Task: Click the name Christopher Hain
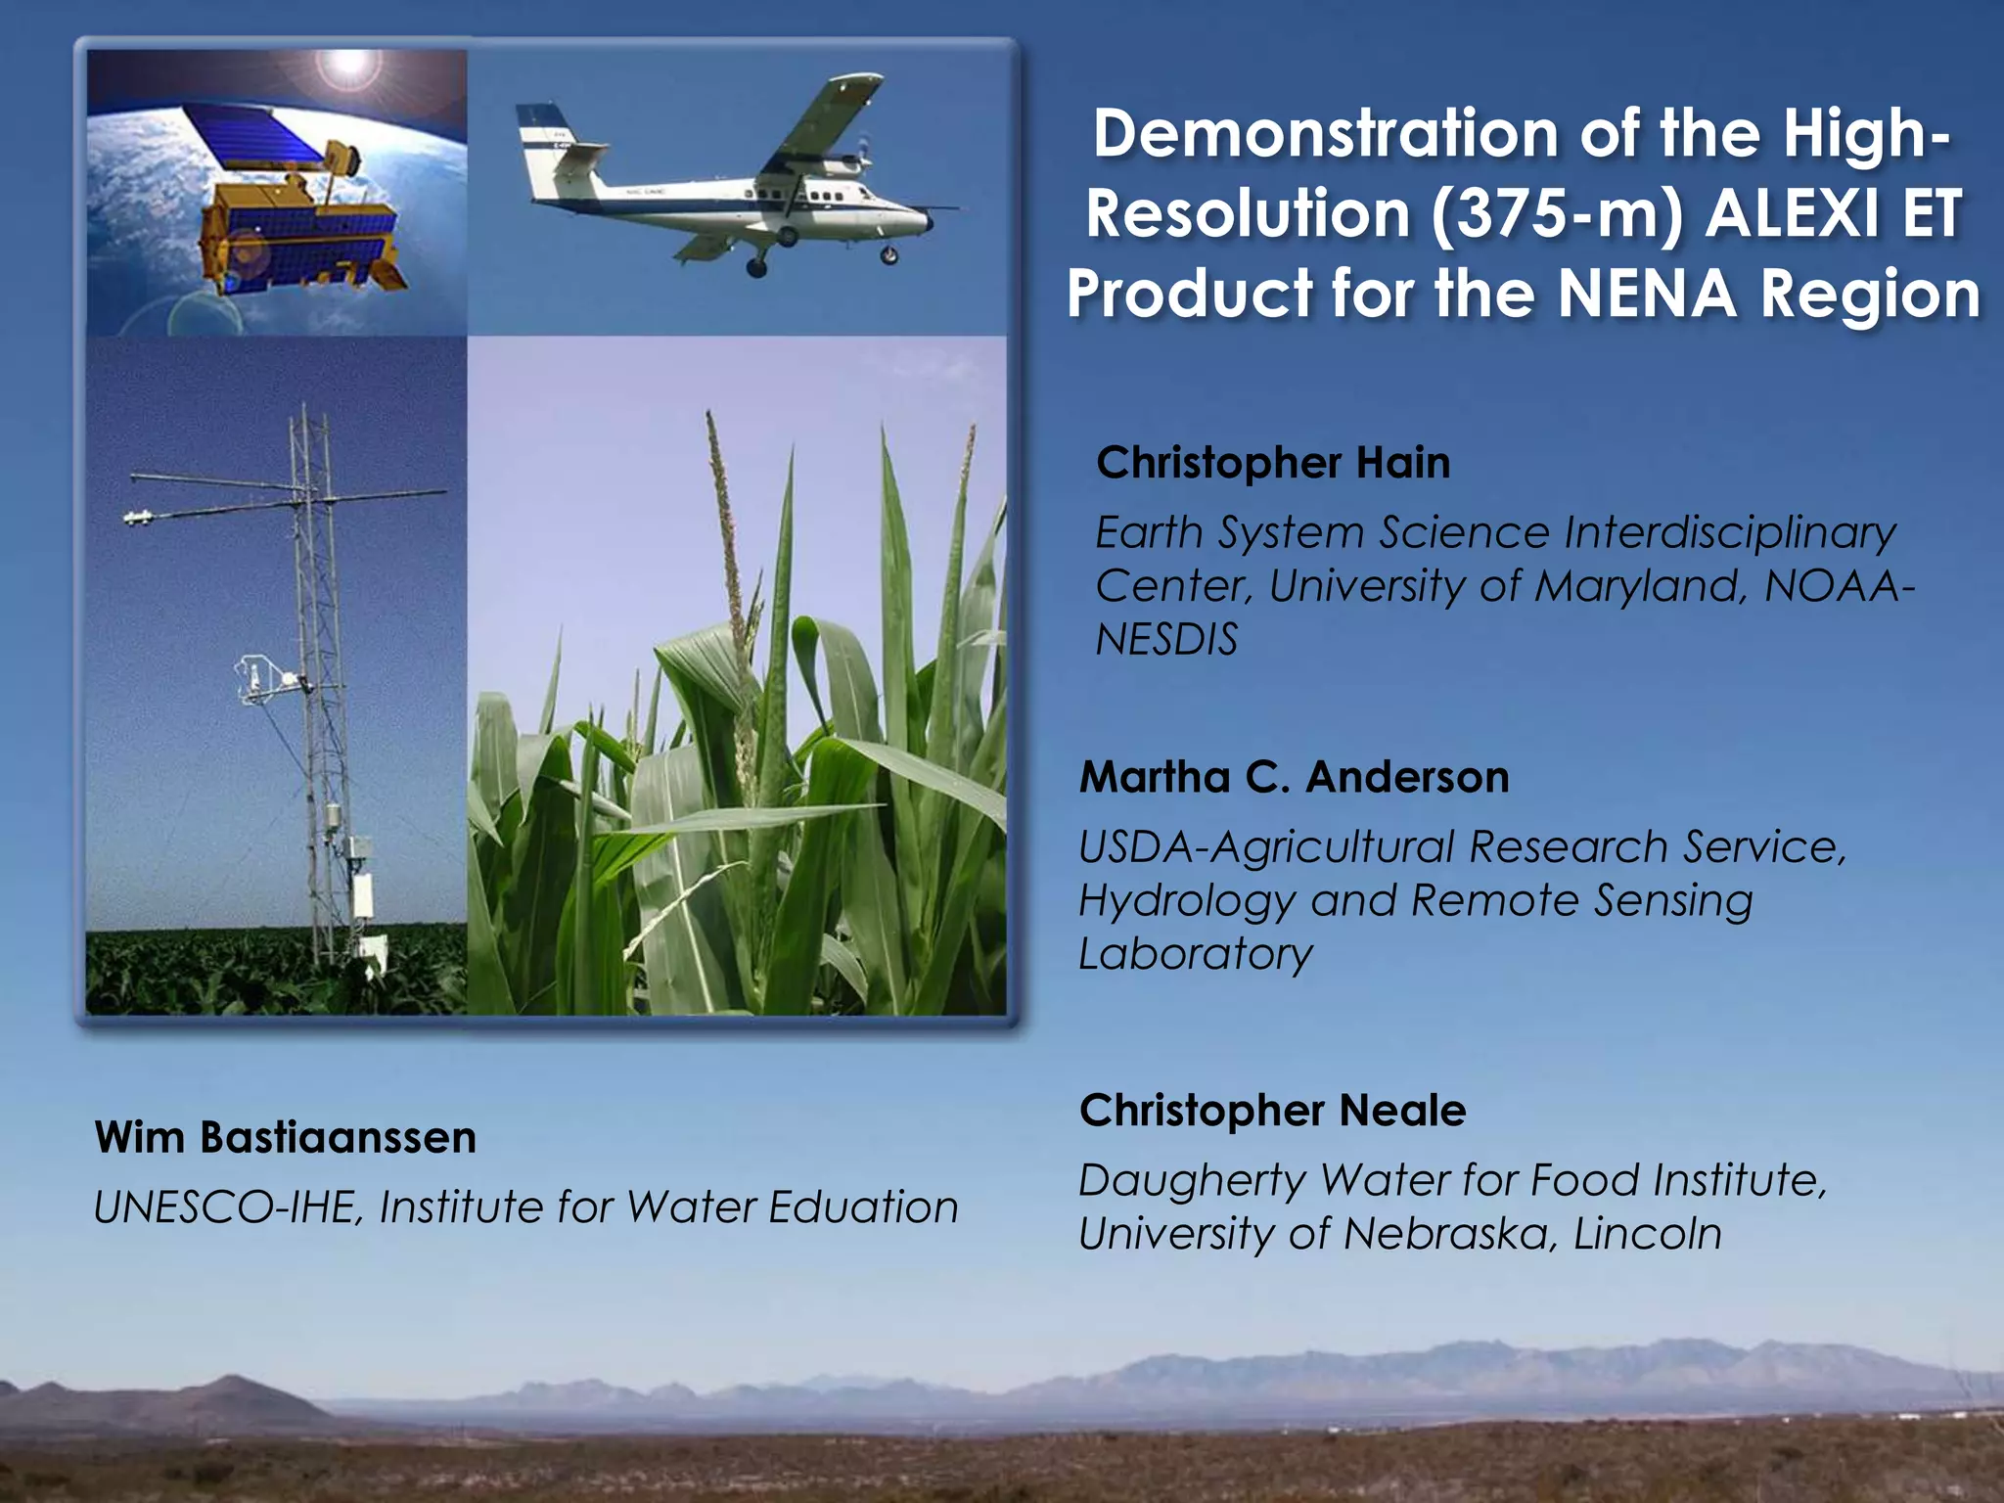coord(1272,463)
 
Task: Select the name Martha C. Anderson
coord(1294,778)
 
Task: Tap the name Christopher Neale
coord(1272,1111)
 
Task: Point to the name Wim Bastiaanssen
coord(285,1138)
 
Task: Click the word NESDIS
coord(1166,640)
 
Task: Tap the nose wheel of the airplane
coord(889,256)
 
